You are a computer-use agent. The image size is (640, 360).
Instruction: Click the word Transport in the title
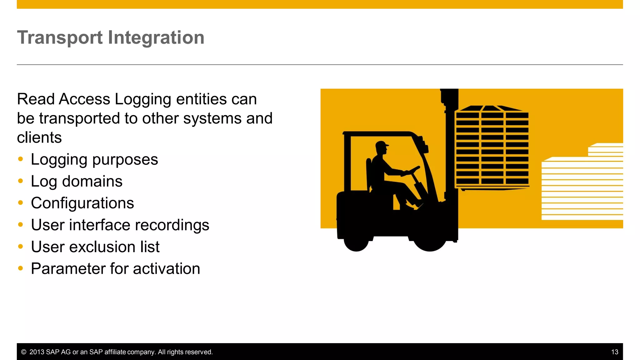coord(60,38)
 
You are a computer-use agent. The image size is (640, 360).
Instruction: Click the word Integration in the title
coord(156,38)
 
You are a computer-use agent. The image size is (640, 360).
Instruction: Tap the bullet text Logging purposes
coord(94,160)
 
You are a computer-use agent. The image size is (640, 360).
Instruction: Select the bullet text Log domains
coord(77,182)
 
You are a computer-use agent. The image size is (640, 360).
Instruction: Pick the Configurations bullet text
coord(82,203)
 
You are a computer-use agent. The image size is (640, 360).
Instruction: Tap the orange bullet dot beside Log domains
coord(21,181)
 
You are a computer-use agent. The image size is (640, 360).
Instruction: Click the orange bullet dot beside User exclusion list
coord(21,247)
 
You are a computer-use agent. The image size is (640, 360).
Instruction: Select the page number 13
coord(614,352)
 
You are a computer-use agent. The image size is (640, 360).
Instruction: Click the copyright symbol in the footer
coord(23,352)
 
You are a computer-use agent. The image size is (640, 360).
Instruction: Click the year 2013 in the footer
coord(37,352)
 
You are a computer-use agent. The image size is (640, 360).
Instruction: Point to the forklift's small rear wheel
coord(356,243)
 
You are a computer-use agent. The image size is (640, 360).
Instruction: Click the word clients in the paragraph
coord(39,138)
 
